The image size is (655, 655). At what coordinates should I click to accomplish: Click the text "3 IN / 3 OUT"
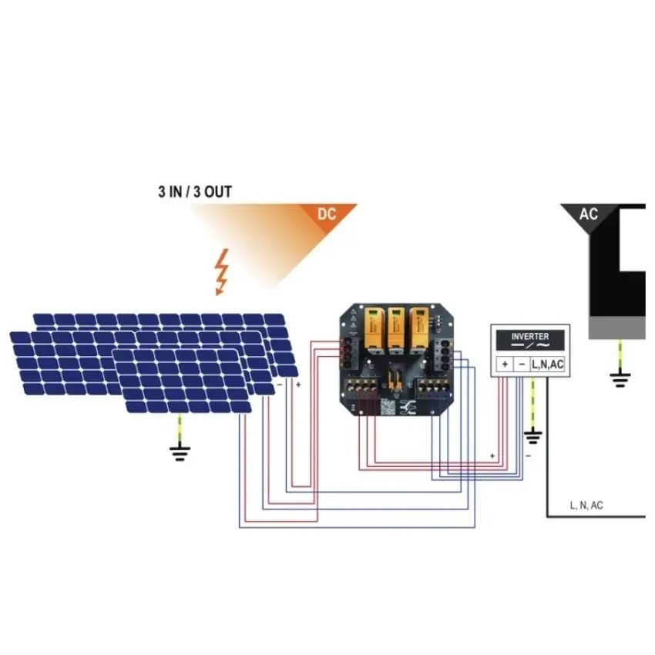point(195,192)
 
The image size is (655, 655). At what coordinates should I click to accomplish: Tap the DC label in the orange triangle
point(327,214)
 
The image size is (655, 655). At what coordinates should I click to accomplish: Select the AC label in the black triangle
point(588,214)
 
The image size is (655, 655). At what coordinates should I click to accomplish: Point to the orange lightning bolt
point(221,272)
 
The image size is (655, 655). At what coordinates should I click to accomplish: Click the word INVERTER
point(529,336)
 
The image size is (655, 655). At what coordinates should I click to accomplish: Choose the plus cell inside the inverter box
point(505,364)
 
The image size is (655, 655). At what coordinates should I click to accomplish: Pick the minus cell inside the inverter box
point(522,364)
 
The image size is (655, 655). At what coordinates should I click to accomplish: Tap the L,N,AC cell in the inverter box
point(548,364)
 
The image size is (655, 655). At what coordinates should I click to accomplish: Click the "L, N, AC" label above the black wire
point(586,506)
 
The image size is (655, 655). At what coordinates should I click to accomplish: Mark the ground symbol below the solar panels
point(180,453)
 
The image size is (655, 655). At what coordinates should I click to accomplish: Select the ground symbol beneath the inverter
point(532,437)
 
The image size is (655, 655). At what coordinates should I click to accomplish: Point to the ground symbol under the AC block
point(620,379)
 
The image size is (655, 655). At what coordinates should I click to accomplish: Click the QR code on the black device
point(388,407)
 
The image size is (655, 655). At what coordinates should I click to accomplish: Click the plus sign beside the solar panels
point(298,385)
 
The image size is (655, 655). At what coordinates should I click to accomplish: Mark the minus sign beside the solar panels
point(280,385)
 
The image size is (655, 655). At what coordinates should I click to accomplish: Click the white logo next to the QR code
point(408,407)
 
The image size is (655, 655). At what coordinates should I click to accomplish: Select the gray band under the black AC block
point(617,327)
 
